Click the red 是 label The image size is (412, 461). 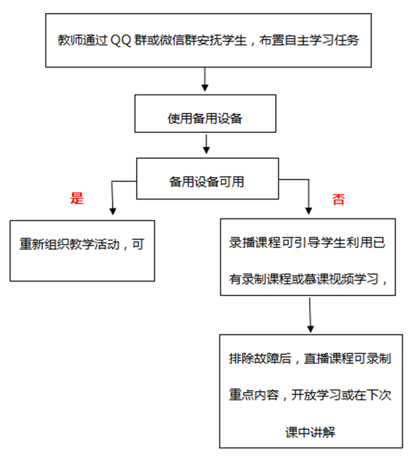tap(77, 198)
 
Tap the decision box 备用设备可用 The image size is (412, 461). tap(206, 182)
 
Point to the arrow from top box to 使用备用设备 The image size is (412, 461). tap(205, 80)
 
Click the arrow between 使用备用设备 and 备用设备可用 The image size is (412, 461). tap(206, 144)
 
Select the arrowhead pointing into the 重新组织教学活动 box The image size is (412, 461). tap(112, 210)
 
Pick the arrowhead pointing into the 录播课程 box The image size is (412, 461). tap(308, 210)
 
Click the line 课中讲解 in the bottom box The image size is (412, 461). tap(310, 432)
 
